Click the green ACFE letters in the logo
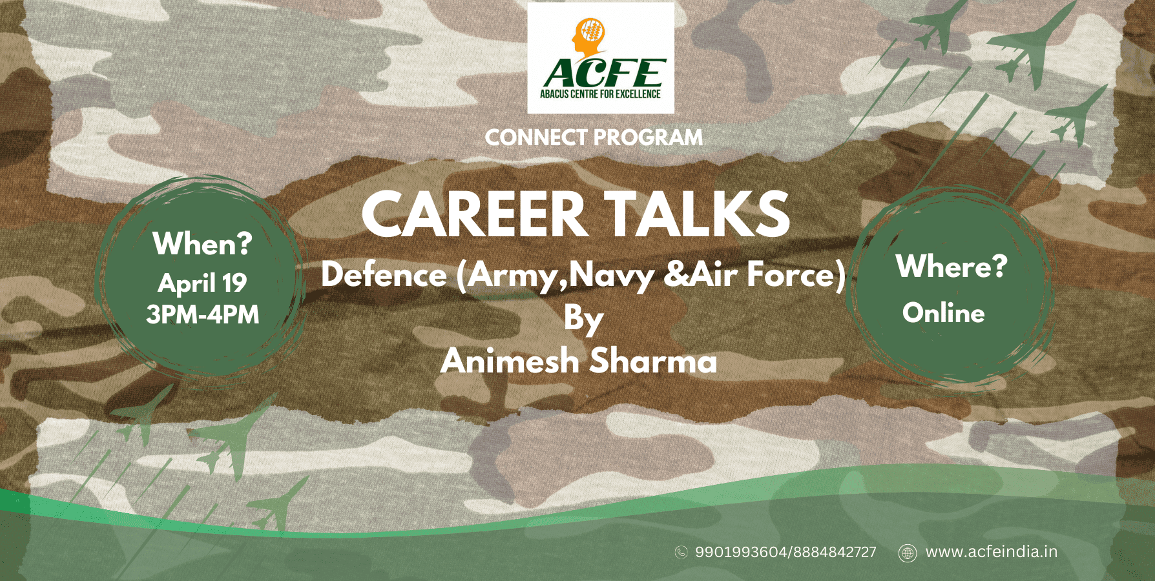point(603,73)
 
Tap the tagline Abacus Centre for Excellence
point(600,94)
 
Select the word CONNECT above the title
point(536,138)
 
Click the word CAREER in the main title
point(474,215)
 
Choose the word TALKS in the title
point(697,215)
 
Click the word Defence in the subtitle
point(384,275)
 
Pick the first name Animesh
point(510,360)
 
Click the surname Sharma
point(653,360)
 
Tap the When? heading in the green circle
point(202,244)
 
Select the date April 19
point(202,283)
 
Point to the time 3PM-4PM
point(202,314)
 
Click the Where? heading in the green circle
point(951,266)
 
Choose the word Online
point(944,313)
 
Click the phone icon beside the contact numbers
point(681,552)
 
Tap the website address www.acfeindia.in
point(992,552)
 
